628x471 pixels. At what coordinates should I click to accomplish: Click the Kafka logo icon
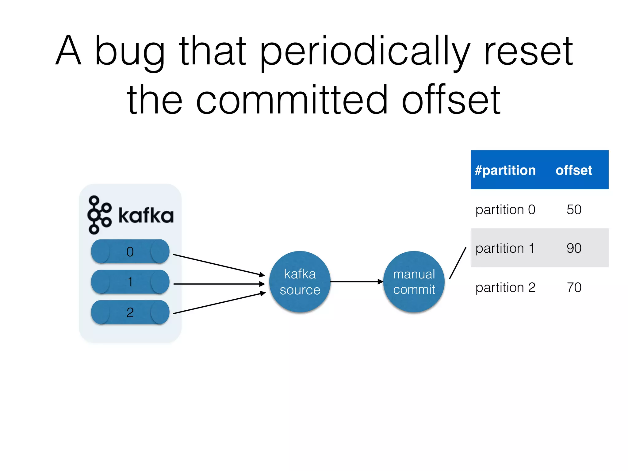point(99,215)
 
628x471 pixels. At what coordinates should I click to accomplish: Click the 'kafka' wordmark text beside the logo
point(146,216)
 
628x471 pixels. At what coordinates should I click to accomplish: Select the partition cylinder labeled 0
point(130,251)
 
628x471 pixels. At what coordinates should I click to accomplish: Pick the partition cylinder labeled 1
point(130,282)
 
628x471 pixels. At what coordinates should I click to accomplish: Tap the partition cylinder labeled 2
point(130,312)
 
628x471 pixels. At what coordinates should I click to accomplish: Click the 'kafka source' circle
point(300,281)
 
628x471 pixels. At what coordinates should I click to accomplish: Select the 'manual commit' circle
point(414,281)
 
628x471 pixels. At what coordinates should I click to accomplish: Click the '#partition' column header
point(505,170)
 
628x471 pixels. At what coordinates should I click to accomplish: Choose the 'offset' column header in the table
point(573,170)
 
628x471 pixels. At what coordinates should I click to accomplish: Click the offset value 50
point(574,210)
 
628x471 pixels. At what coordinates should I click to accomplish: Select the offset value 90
point(574,248)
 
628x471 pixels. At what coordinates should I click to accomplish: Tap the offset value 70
point(574,288)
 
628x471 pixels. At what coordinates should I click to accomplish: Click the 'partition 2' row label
point(505,288)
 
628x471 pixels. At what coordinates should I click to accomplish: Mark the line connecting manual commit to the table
point(458,263)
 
